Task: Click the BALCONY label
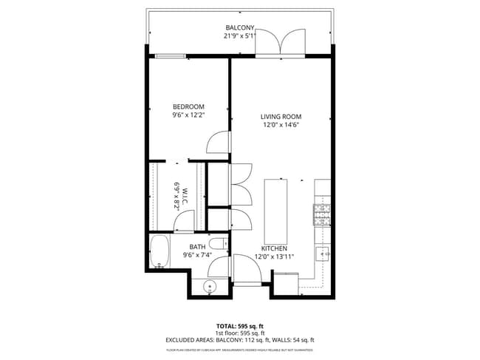pos(240,27)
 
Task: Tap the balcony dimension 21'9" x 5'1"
pos(240,35)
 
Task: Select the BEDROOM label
pos(188,106)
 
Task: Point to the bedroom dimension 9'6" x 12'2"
pos(188,115)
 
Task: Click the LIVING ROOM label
pos(281,117)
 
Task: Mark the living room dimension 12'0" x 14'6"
pos(281,125)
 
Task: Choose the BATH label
pos(197,247)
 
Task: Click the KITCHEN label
pos(274,248)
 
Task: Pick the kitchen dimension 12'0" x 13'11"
pos(274,257)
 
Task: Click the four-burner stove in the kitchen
pos(323,214)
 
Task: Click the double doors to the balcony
pos(280,43)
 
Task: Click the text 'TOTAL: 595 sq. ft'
pos(240,326)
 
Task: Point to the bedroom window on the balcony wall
pos(170,56)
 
